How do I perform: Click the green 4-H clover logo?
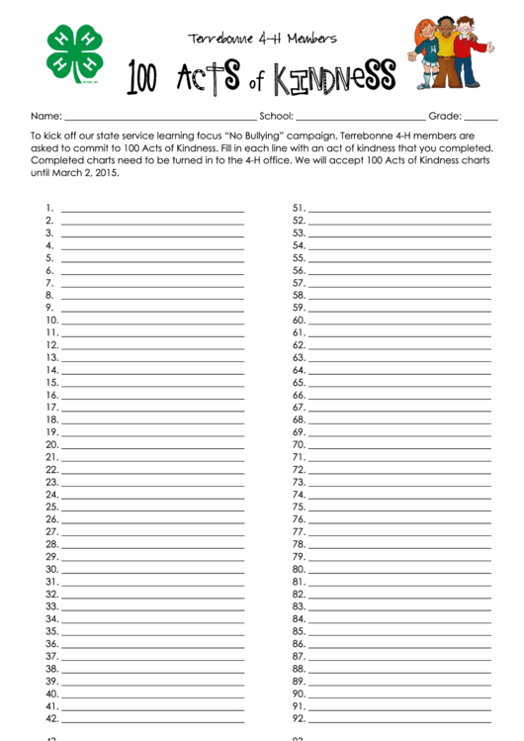[x=74, y=52]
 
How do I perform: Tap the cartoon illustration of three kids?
[x=450, y=53]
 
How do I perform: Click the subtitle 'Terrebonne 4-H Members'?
[x=262, y=39]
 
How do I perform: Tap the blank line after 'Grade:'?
[x=480, y=118]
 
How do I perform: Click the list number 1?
[x=48, y=209]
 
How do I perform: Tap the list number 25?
[x=51, y=507]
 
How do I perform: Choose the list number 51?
[x=299, y=209]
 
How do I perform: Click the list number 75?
[x=299, y=507]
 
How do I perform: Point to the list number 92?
[x=299, y=719]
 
